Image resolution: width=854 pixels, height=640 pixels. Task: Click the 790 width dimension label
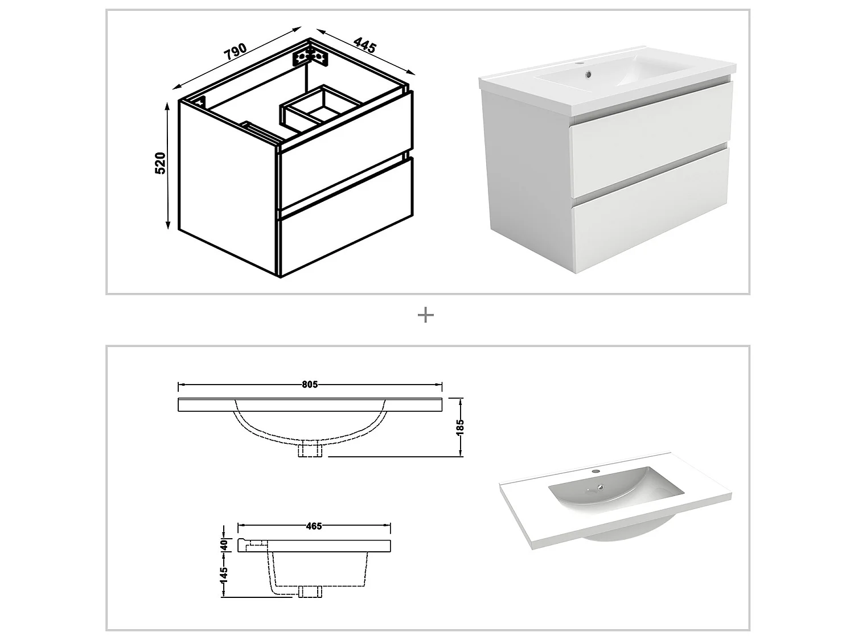(x=235, y=52)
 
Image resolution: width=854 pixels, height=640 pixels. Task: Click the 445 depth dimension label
(x=364, y=45)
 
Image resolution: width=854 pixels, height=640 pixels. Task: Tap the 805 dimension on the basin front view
(x=310, y=385)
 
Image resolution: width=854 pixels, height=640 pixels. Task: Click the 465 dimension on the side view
(x=314, y=526)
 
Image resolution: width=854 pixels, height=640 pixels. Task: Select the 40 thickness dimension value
(x=224, y=544)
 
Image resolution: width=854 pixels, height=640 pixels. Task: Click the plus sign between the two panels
(x=426, y=315)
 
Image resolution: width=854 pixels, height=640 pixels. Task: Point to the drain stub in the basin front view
(x=310, y=450)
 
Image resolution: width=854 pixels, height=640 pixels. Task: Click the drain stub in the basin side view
(x=310, y=592)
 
